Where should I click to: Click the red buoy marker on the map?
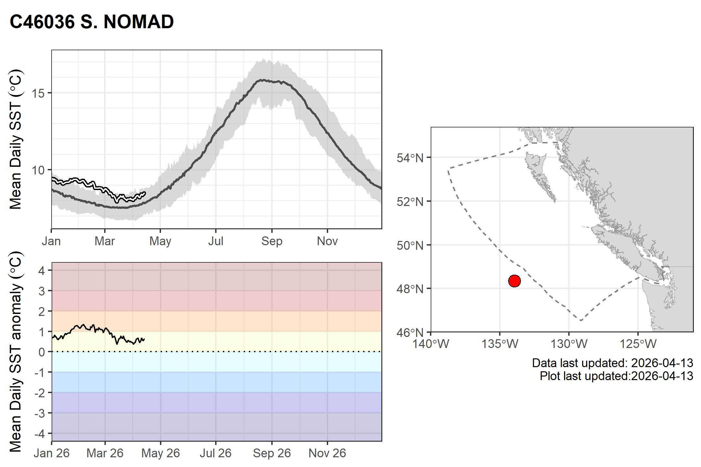514,281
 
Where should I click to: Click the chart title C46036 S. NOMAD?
92,22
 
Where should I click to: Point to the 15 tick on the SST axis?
38,93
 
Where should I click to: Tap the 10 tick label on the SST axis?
38,170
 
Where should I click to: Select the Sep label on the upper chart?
272,241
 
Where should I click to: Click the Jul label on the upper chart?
216,241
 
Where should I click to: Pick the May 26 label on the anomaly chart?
160,453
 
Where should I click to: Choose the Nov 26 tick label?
327,453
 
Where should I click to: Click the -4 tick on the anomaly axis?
41,434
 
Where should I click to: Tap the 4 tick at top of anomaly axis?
42,270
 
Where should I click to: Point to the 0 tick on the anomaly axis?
42,352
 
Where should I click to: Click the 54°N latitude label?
410,158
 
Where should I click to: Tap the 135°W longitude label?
500,344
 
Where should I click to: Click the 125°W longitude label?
638,344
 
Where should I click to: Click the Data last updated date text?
612,363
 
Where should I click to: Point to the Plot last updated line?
616,376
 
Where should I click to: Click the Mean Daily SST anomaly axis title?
16,352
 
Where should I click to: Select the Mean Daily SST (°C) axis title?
16,139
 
